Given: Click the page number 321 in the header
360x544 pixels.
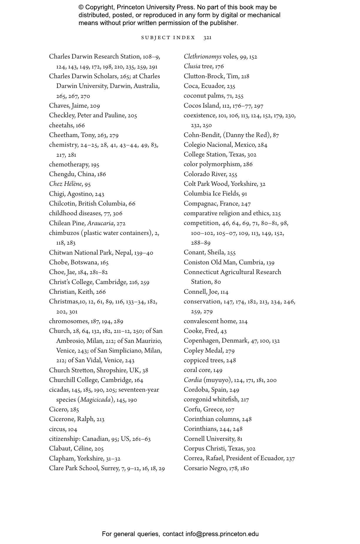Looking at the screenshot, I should click(x=207, y=38).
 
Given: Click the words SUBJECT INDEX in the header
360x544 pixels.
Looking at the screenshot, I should click(x=168, y=38).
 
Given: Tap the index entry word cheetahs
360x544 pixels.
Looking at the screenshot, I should click(x=61, y=126).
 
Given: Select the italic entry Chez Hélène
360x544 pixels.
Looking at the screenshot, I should click(x=65, y=184).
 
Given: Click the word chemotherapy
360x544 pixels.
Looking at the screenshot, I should click(x=69, y=165).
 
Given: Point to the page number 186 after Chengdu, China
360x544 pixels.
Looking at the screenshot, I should click(x=101, y=174).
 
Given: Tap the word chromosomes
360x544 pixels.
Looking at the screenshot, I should click(x=68, y=321).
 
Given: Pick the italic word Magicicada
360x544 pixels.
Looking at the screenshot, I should click(x=95, y=400).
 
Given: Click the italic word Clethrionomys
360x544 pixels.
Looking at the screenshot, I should click(x=202, y=57).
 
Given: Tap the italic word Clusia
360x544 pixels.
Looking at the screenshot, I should click(x=192, y=66).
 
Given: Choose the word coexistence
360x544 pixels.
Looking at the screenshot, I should click(x=200, y=116).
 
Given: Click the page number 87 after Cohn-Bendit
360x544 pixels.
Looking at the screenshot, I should click(x=276, y=135).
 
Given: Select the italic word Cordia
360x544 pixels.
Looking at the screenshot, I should click(x=193, y=380).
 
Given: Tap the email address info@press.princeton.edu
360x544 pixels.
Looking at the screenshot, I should click(x=222, y=534).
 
